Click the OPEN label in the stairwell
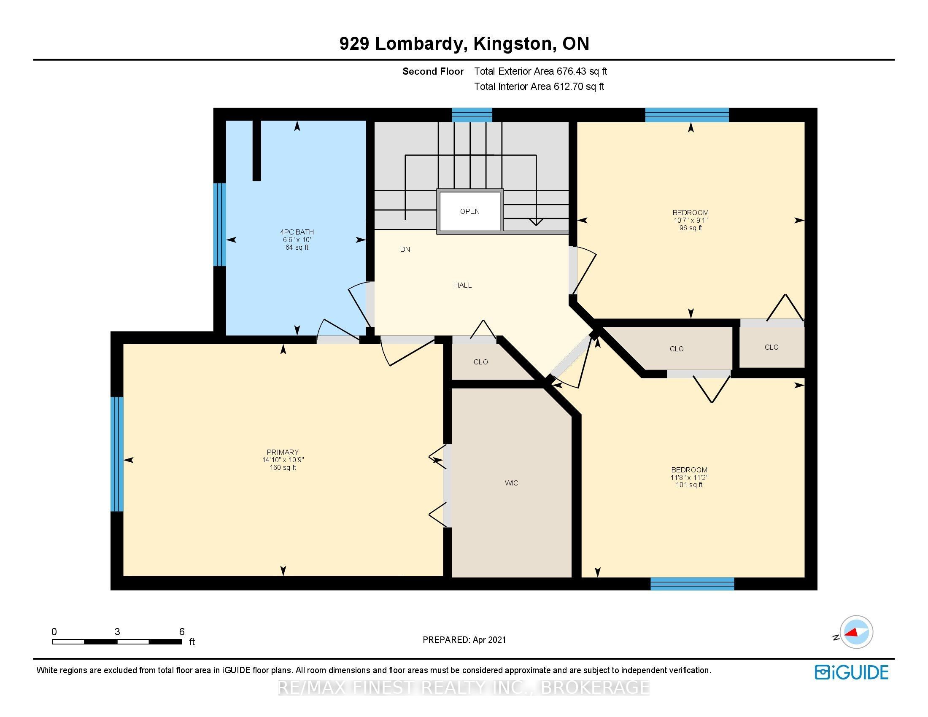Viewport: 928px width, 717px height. [x=469, y=212]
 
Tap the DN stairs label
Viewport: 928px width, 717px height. [x=405, y=249]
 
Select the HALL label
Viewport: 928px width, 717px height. [x=463, y=285]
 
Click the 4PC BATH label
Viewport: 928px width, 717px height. [x=297, y=232]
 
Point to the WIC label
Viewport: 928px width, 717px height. [x=511, y=483]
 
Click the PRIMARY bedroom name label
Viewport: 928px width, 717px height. [x=283, y=452]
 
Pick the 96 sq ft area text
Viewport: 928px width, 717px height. [x=691, y=228]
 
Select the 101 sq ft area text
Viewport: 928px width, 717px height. [x=689, y=485]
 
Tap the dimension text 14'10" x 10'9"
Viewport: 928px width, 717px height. [x=283, y=460]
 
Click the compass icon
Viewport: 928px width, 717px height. [x=856, y=632]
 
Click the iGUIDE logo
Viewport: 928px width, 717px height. [x=852, y=672]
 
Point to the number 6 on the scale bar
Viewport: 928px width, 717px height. [x=182, y=632]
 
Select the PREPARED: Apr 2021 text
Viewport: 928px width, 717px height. [x=464, y=640]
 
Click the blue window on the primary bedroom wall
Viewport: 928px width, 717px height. [x=117, y=454]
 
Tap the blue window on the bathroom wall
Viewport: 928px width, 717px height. [x=219, y=224]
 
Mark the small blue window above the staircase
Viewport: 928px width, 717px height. [x=472, y=115]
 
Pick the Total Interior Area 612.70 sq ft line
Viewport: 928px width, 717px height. [x=539, y=86]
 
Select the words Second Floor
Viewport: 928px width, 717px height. [x=433, y=71]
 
